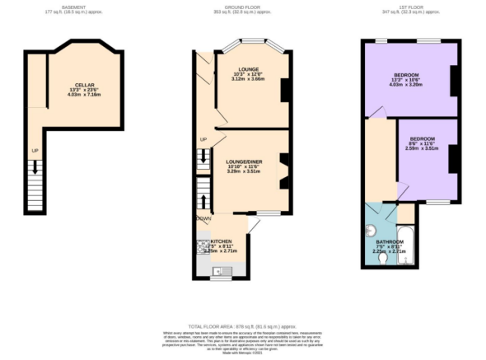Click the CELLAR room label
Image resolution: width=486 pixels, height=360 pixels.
click(84, 85)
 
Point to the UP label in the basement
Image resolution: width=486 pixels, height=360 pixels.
click(35, 151)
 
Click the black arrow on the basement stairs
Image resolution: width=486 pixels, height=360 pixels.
click(35, 169)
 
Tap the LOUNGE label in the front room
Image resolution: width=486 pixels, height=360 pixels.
click(248, 69)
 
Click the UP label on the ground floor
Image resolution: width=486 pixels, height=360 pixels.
click(203, 139)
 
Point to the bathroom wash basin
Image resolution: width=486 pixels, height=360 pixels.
click(372, 231)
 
